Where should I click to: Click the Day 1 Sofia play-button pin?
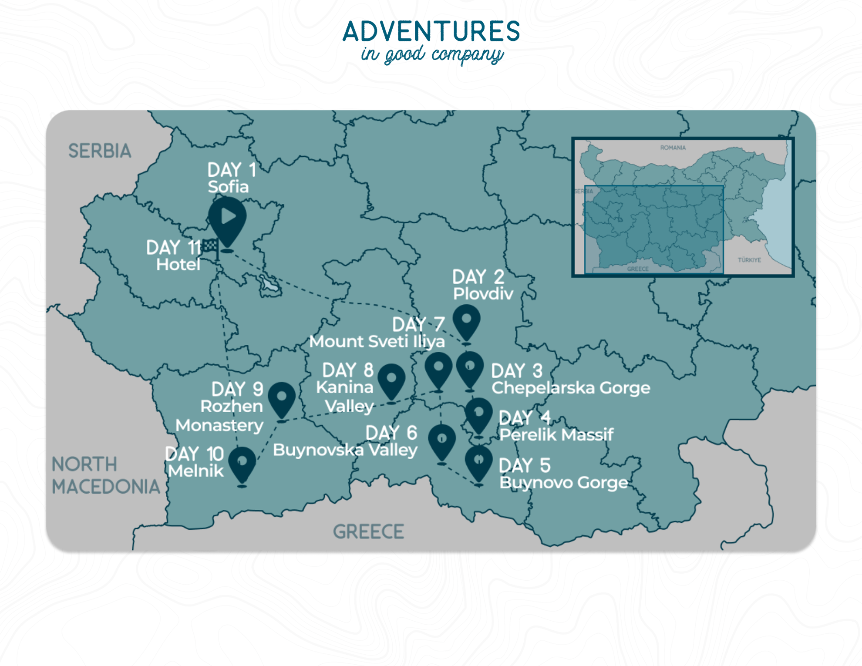point(227,217)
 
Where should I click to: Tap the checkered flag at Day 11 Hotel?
point(211,246)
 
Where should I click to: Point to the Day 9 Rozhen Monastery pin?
point(282,398)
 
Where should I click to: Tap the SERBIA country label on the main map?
point(100,151)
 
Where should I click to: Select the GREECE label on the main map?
point(368,531)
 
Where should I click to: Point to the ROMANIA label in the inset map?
point(673,148)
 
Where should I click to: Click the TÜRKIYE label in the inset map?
point(749,260)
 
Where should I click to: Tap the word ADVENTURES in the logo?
point(431,31)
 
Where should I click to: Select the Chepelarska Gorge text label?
point(570,388)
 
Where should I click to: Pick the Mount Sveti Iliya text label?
point(377,342)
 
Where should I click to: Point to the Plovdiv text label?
point(483,294)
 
